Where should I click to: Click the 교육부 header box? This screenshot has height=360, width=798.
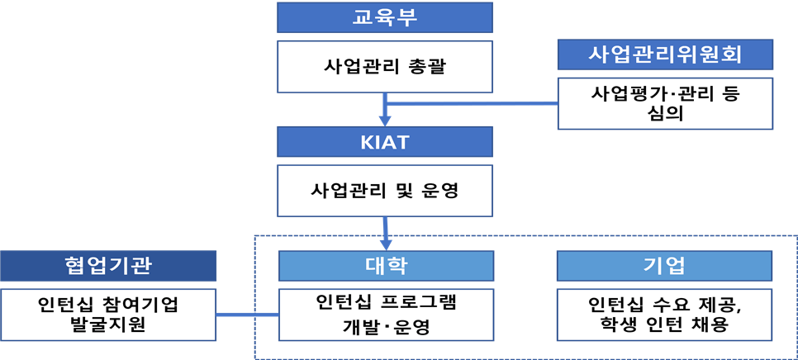pos(386,17)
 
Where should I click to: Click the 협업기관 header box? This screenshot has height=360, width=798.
pos(108,266)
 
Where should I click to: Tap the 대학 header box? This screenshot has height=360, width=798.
pos(386,266)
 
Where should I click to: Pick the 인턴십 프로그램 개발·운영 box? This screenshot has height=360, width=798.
pos(386,315)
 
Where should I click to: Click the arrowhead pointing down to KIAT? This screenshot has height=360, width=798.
pos(385,120)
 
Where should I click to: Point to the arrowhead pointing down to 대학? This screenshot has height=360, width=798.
pos(386,244)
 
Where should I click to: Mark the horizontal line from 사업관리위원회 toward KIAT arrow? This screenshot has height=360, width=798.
pos(471,103)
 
